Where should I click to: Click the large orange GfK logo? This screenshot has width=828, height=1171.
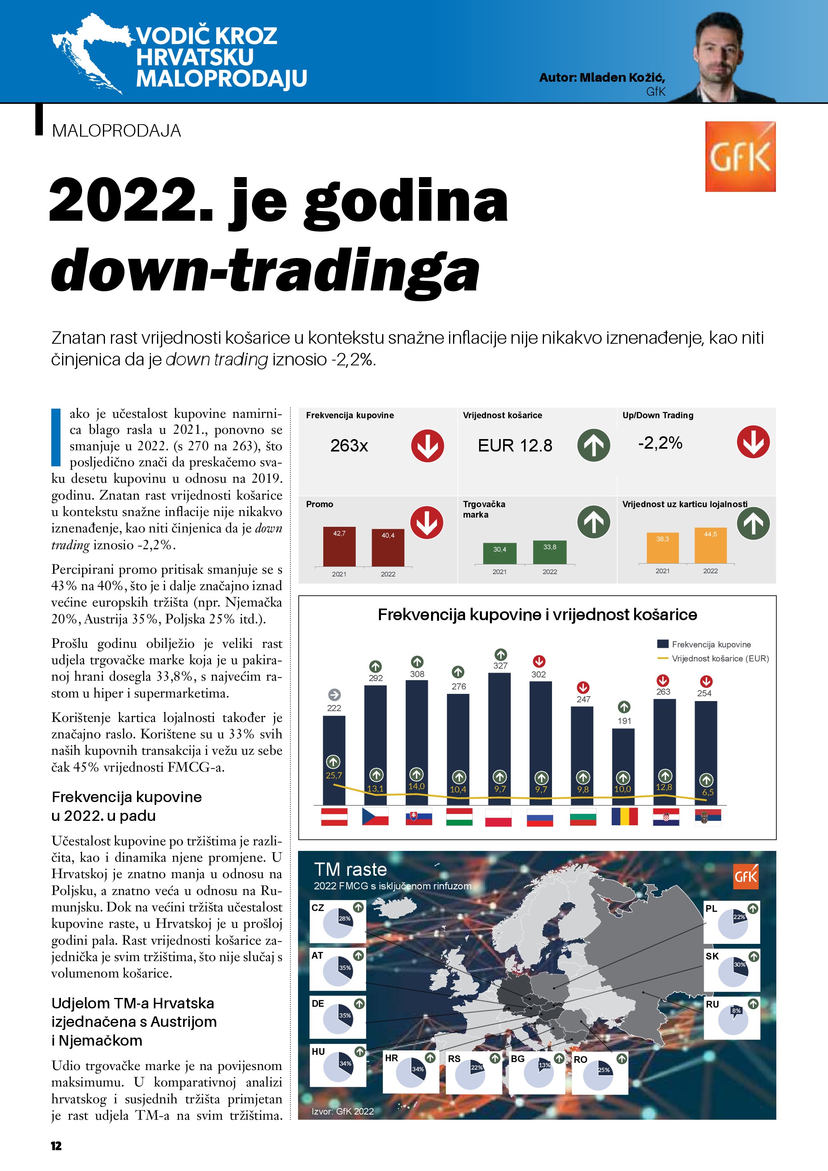point(740,157)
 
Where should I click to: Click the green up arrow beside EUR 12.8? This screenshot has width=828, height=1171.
point(594,445)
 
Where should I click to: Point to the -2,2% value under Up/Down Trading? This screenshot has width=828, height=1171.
point(660,443)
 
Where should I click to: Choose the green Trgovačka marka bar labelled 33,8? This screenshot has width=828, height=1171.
point(550,552)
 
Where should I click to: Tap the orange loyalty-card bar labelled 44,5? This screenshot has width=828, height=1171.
point(710,545)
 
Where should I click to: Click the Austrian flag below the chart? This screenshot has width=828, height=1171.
point(334,816)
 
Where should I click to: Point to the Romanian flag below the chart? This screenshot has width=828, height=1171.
point(625,816)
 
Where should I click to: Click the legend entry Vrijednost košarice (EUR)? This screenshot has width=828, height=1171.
point(719,659)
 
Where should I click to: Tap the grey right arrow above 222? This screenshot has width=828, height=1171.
point(334,695)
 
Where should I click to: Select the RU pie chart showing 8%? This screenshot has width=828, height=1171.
point(733,1020)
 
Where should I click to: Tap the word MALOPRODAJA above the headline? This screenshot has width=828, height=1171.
point(116,131)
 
